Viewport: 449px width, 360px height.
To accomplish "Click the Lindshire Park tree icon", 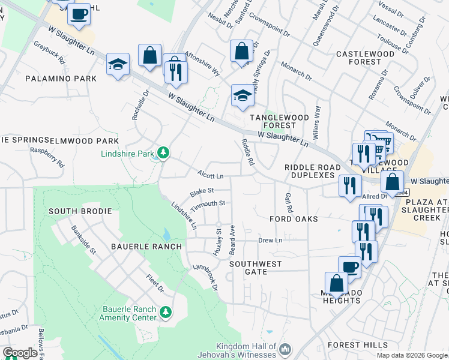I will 163,154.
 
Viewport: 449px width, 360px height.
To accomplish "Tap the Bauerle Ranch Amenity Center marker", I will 166,312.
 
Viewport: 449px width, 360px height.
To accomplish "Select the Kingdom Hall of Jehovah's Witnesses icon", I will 286,349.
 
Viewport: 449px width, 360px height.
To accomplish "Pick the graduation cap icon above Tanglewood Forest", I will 242,95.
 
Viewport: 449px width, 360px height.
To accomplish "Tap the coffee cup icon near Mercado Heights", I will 349,267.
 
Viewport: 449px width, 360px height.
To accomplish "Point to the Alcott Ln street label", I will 211,176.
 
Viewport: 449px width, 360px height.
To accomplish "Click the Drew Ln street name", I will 270,240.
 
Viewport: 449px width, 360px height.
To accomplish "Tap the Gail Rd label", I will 289,203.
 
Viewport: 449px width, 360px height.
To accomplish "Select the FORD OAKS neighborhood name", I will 294,220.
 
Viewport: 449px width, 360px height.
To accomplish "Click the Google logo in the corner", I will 19,353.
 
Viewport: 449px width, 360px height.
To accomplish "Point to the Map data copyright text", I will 411,355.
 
